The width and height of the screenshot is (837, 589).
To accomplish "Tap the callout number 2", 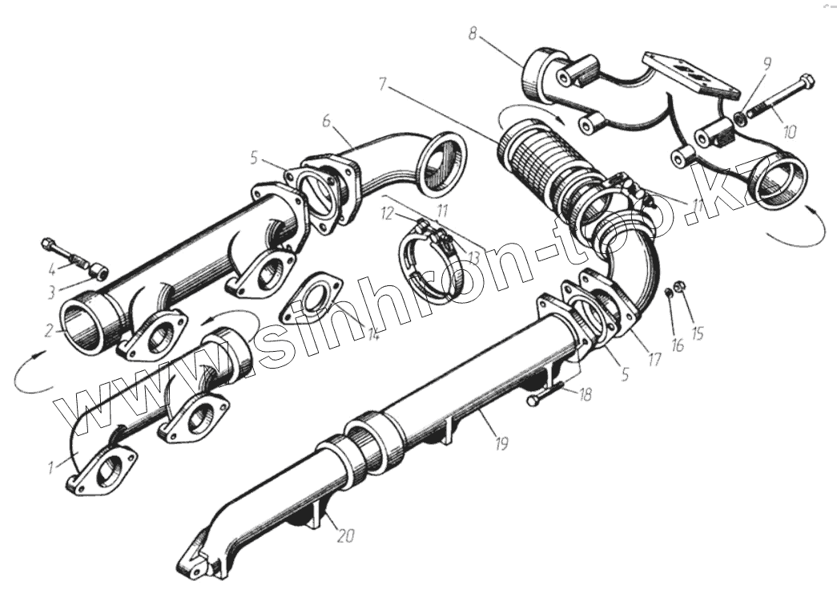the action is tap(49, 329).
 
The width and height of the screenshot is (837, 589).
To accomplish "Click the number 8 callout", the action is tap(473, 35).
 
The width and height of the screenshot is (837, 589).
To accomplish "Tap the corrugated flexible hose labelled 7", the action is tap(537, 164).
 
